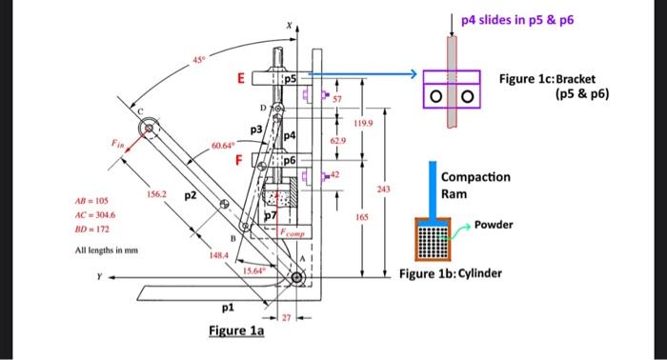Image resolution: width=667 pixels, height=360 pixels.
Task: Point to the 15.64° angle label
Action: tap(253, 270)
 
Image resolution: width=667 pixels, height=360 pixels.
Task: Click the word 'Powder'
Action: tap(494, 225)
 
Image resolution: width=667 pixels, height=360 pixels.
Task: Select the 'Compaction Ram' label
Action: tap(475, 185)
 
